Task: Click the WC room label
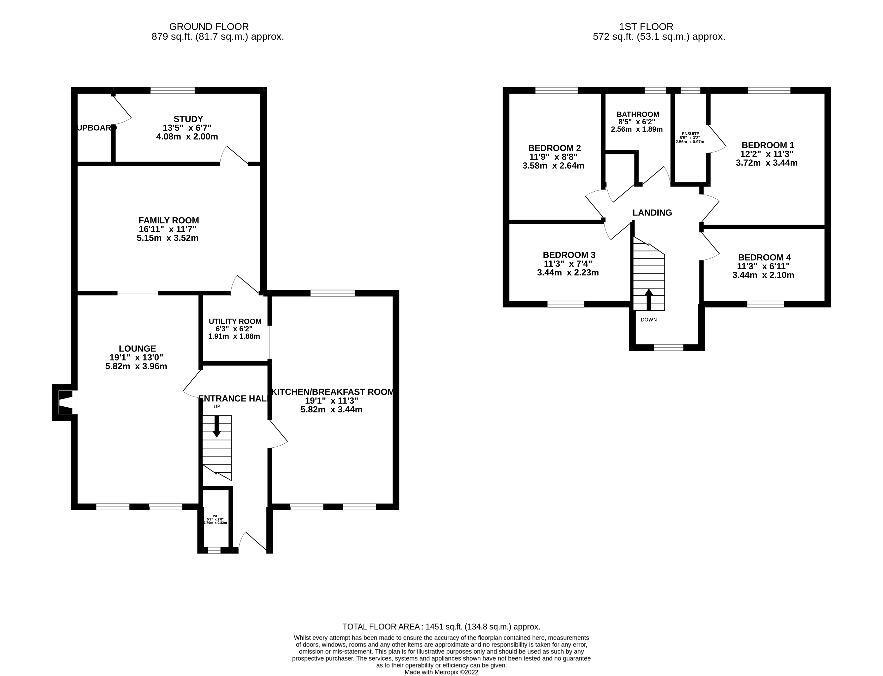tap(215, 516)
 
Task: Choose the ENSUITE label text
tap(690, 134)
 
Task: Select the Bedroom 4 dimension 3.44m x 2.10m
tap(763, 275)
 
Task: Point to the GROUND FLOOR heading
tap(209, 26)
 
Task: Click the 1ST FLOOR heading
tap(646, 26)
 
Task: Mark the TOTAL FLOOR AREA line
tap(441, 626)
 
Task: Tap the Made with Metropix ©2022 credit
tap(441, 672)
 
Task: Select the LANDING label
tap(652, 212)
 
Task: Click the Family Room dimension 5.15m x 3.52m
tap(167, 238)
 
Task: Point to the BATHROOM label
tap(638, 114)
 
